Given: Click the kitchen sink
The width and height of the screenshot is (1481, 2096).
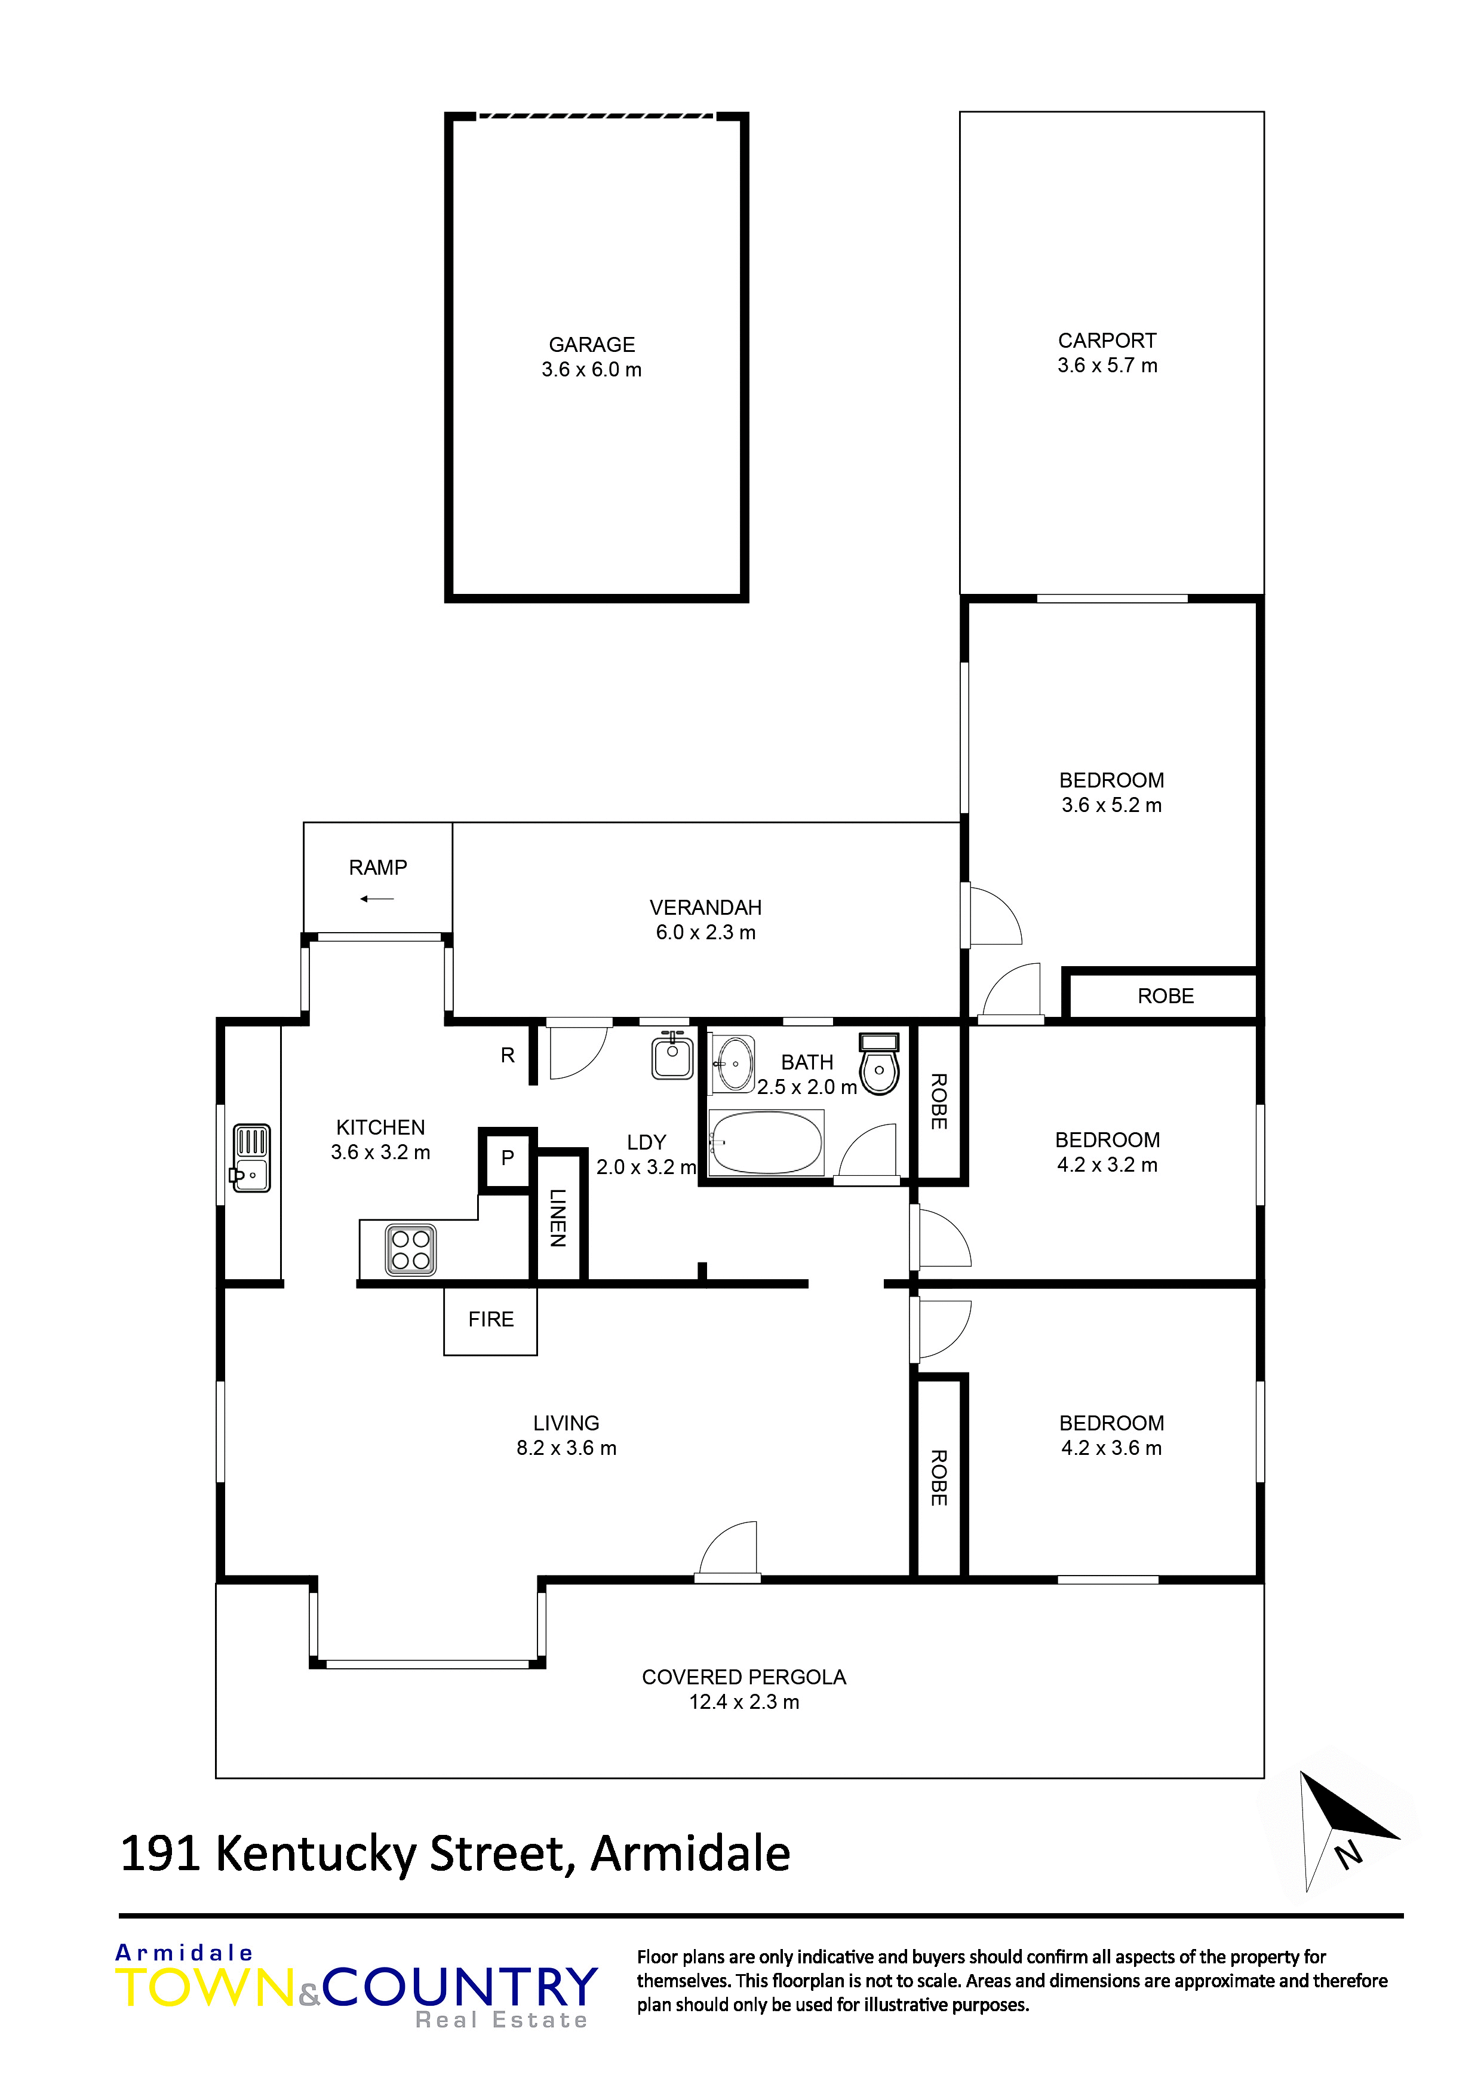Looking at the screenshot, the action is [251, 1157].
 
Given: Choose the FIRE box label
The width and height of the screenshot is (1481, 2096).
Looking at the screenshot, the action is [491, 1319].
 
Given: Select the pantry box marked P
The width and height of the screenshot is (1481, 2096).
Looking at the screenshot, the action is [508, 1159].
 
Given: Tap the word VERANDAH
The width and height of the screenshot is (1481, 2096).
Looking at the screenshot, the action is [705, 908].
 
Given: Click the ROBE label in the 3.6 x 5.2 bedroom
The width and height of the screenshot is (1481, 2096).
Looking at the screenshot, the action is [1165, 996].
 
